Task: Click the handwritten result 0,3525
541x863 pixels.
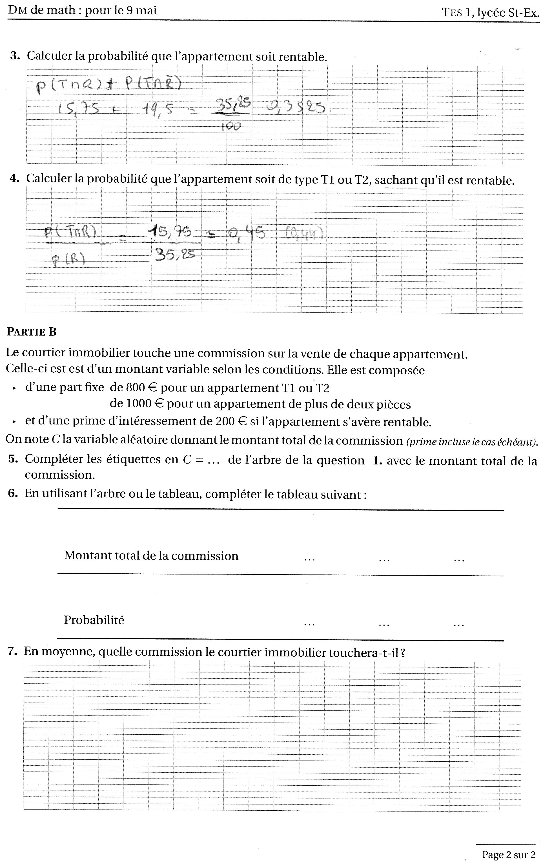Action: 296,107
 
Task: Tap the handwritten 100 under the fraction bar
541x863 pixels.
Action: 231,126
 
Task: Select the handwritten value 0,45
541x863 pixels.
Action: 247,233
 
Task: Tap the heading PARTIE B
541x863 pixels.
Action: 32,332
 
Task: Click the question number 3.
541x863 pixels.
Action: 15,56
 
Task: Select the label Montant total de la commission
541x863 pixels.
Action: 151,556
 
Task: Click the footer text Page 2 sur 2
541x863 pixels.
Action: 508,855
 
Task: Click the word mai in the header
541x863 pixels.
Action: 146,10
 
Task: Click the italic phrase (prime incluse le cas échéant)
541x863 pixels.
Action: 472,442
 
